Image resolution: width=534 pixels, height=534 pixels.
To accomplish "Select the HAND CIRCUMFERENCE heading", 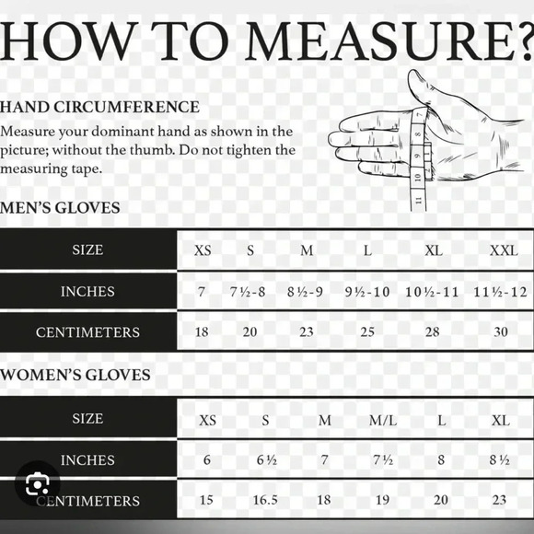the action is coord(99,107).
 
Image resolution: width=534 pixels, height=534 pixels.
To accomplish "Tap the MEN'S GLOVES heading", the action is coord(60,208).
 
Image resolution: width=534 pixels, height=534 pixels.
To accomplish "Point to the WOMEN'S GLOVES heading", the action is coord(75,375).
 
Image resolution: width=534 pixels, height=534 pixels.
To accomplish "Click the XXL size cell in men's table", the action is coord(504,251).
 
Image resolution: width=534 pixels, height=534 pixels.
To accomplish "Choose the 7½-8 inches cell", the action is coord(248,292).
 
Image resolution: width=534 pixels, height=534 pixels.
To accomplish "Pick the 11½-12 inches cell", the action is coord(500,292).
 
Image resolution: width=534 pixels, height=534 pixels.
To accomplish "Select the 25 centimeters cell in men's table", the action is coord(367,331).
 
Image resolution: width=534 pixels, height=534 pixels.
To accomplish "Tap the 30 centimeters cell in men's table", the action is coord(501,331).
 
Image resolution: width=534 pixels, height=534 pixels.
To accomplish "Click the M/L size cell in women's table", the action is coord(383,421).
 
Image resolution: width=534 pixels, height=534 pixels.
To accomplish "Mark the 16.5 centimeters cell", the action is coord(265,500).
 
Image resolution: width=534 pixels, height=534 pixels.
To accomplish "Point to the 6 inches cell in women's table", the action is coord(207,460).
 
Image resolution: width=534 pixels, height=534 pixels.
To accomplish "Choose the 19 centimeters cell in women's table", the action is coord(382,500).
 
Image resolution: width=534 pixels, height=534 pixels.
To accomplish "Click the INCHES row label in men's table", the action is coord(87,292).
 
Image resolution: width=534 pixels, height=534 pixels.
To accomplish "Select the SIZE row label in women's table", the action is coord(87,419).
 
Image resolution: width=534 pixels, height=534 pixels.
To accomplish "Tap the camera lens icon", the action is coord(37,483).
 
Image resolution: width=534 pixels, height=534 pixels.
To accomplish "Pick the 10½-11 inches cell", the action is coord(432,292).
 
